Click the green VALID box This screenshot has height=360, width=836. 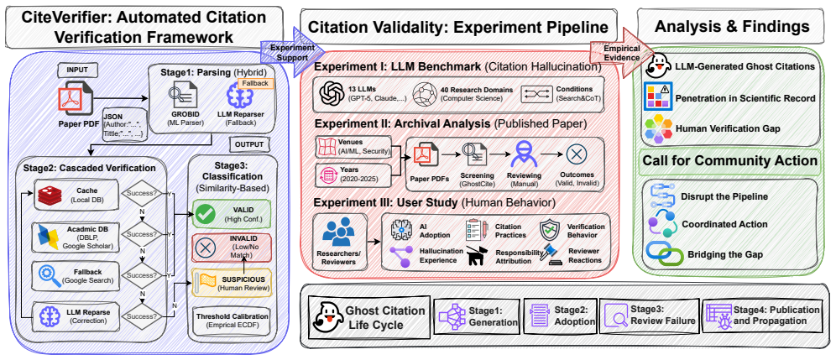click(232, 213)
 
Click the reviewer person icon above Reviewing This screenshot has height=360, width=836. click(524, 154)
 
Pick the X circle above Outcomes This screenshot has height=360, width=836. click(576, 154)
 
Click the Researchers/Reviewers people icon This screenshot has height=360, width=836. click(338, 232)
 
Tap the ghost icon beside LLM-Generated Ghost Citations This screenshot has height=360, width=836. click(658, 67)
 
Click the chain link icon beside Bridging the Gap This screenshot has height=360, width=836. click(664, 254)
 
